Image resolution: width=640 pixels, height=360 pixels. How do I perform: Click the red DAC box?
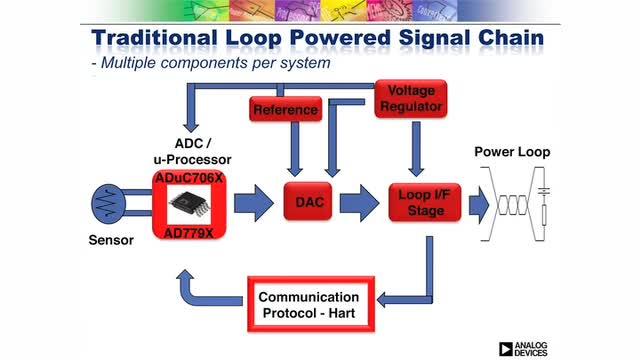(308, 202)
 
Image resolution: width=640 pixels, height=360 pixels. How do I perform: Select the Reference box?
(286, 109)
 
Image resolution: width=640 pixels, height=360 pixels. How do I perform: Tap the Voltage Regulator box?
(411, 99)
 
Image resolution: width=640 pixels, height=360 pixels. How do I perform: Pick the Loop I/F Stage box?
(425, 203)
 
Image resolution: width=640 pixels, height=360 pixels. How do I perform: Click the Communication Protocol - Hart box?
(311, 304)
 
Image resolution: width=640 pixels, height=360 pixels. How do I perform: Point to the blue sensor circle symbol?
(108, 204)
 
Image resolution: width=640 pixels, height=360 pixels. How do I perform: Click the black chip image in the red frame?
(189, 204)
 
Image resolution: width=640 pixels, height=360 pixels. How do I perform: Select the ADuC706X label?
(189, 178)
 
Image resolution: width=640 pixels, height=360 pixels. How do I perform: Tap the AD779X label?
(189, 233)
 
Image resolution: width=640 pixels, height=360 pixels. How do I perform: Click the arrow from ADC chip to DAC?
(253, 203)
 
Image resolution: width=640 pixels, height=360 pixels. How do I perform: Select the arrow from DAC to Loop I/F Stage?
(359, 203)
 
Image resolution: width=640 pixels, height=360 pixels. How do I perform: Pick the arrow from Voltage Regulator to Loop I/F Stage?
(416, 149)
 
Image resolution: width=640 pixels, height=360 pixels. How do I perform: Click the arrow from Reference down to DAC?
(295, 149)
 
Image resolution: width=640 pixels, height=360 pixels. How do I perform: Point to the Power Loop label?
(512, 152)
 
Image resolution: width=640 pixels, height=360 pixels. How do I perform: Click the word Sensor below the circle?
(111, 240)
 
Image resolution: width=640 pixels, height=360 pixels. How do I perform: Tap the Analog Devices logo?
(523, 349)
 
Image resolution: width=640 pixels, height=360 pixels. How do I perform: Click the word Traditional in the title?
(154, 38)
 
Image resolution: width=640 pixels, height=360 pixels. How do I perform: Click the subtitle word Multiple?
(129, 63)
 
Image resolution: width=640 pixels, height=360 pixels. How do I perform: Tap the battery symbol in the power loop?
(544, 191)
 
